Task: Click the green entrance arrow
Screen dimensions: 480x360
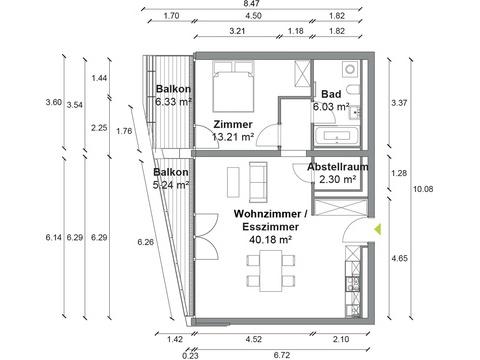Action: tap(377, 229)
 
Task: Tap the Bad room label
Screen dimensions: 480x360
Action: tap(331, 94)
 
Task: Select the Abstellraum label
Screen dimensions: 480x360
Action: tap(338, 167)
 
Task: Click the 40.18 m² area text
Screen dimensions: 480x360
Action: tap(271, 239)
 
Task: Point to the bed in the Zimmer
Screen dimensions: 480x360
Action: tap(233, 87)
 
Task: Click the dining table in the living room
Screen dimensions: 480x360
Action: tap(270, 270)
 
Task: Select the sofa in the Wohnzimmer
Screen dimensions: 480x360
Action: tap(258, 182)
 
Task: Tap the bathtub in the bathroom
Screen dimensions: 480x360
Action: tap(336, 136)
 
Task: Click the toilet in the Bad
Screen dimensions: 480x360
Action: tap(352, 89)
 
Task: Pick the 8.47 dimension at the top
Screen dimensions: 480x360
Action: tap(252, 4)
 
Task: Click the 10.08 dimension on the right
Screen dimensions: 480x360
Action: tap(423, 189)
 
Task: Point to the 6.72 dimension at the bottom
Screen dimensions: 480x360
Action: tap(282, 355)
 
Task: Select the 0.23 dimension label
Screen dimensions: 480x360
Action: tap(190, 355)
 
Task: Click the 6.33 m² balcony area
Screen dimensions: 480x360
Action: tap(173, 102)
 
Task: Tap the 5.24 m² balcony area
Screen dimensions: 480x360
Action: tap(171, 185)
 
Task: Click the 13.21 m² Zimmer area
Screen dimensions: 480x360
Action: tap(233, 136)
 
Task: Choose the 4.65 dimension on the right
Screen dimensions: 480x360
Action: tap(399, 258)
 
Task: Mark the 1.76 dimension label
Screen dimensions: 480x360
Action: tap(124, 131)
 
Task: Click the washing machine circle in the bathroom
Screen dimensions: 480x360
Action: tap(350, 70)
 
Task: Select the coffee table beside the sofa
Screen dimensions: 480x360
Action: tap(233, 182)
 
